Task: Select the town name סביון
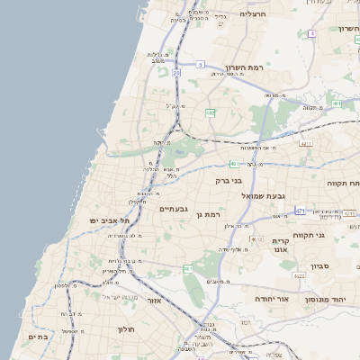[x=320, y=266]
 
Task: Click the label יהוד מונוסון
[x=329, y=298]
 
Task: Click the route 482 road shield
[x=210, y=112]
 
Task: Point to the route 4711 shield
[x=306, y=143]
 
